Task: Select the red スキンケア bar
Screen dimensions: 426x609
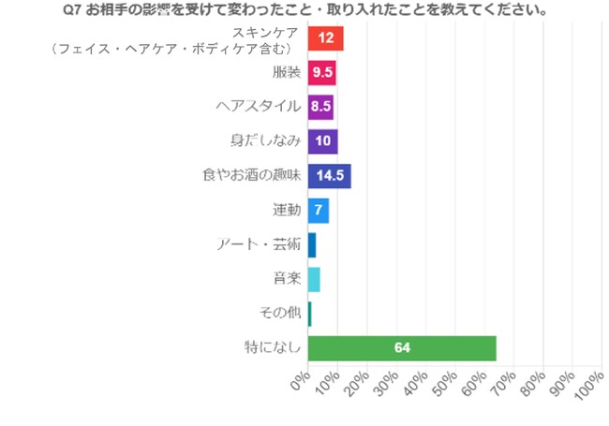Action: [325, 38]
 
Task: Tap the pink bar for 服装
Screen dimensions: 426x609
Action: [321, 72]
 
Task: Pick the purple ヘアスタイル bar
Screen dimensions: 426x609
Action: [320, 106]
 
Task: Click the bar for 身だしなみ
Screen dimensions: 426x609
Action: [322, 140]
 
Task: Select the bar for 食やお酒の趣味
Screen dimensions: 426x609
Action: [329, 175]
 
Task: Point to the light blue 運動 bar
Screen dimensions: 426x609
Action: [318, 210]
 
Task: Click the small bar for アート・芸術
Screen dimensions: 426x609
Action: [311, 244]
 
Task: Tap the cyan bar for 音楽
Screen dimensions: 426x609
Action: [313, 279]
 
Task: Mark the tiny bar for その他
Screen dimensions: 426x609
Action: [309, 314]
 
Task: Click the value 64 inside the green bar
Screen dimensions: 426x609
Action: [402, 347]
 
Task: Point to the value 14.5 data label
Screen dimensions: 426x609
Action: [331, 175]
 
